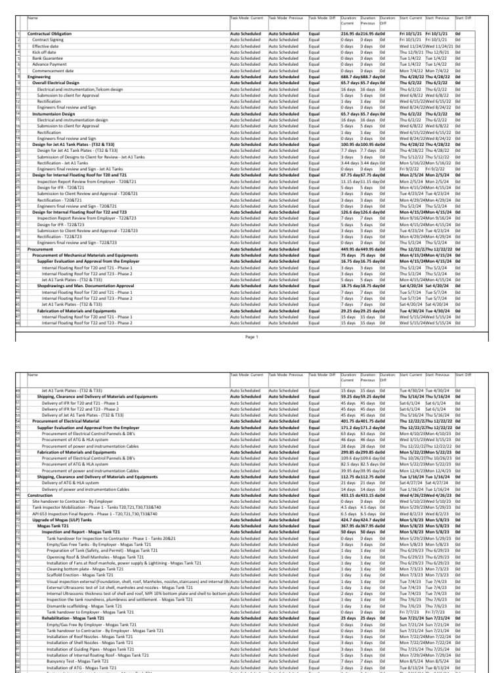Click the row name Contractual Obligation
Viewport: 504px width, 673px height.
[50, 33]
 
